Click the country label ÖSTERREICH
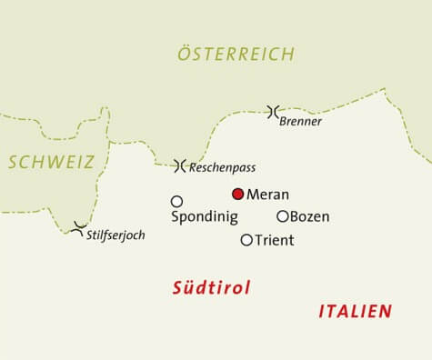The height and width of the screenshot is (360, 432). click(x=235, y=54)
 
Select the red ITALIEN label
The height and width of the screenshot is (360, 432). click(x=355, y=311)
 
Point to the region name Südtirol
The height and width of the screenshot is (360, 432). click(x=211, y=288)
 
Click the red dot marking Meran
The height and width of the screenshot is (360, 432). click(x=237, y=194)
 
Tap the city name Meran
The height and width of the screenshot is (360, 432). click(x=267, y=195)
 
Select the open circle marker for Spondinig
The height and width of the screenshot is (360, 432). click(x=176, y=201)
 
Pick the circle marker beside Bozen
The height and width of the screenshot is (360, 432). click(x=282, y=216)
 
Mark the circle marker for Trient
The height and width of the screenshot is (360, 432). click(x=246, y=240)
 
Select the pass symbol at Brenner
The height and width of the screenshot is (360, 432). click(x=272, y=111)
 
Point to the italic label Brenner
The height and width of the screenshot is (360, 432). click(x=301, y=121)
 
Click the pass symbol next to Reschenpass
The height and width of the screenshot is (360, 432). click(x=179, y=165)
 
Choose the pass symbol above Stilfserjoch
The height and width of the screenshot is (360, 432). click(x=79, y=225)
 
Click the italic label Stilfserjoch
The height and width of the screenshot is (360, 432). click(x=115, y=235)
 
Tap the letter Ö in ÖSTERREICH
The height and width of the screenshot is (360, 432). click(x=184, y=54)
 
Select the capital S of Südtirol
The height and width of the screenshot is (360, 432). click(x=178, y=288)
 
